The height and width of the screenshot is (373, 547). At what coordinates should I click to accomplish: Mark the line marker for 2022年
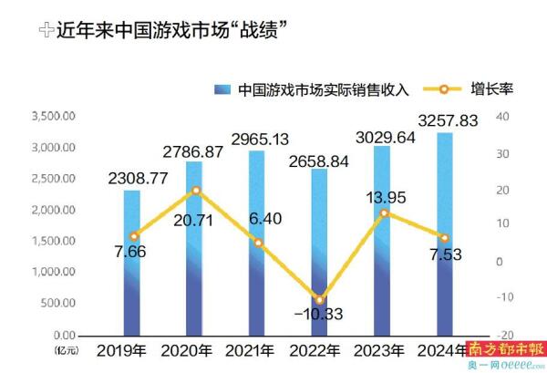[294, 299]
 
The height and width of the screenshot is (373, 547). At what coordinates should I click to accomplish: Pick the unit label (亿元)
[67, 349]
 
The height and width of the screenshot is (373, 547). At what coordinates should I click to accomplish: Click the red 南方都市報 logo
[506, 349]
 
